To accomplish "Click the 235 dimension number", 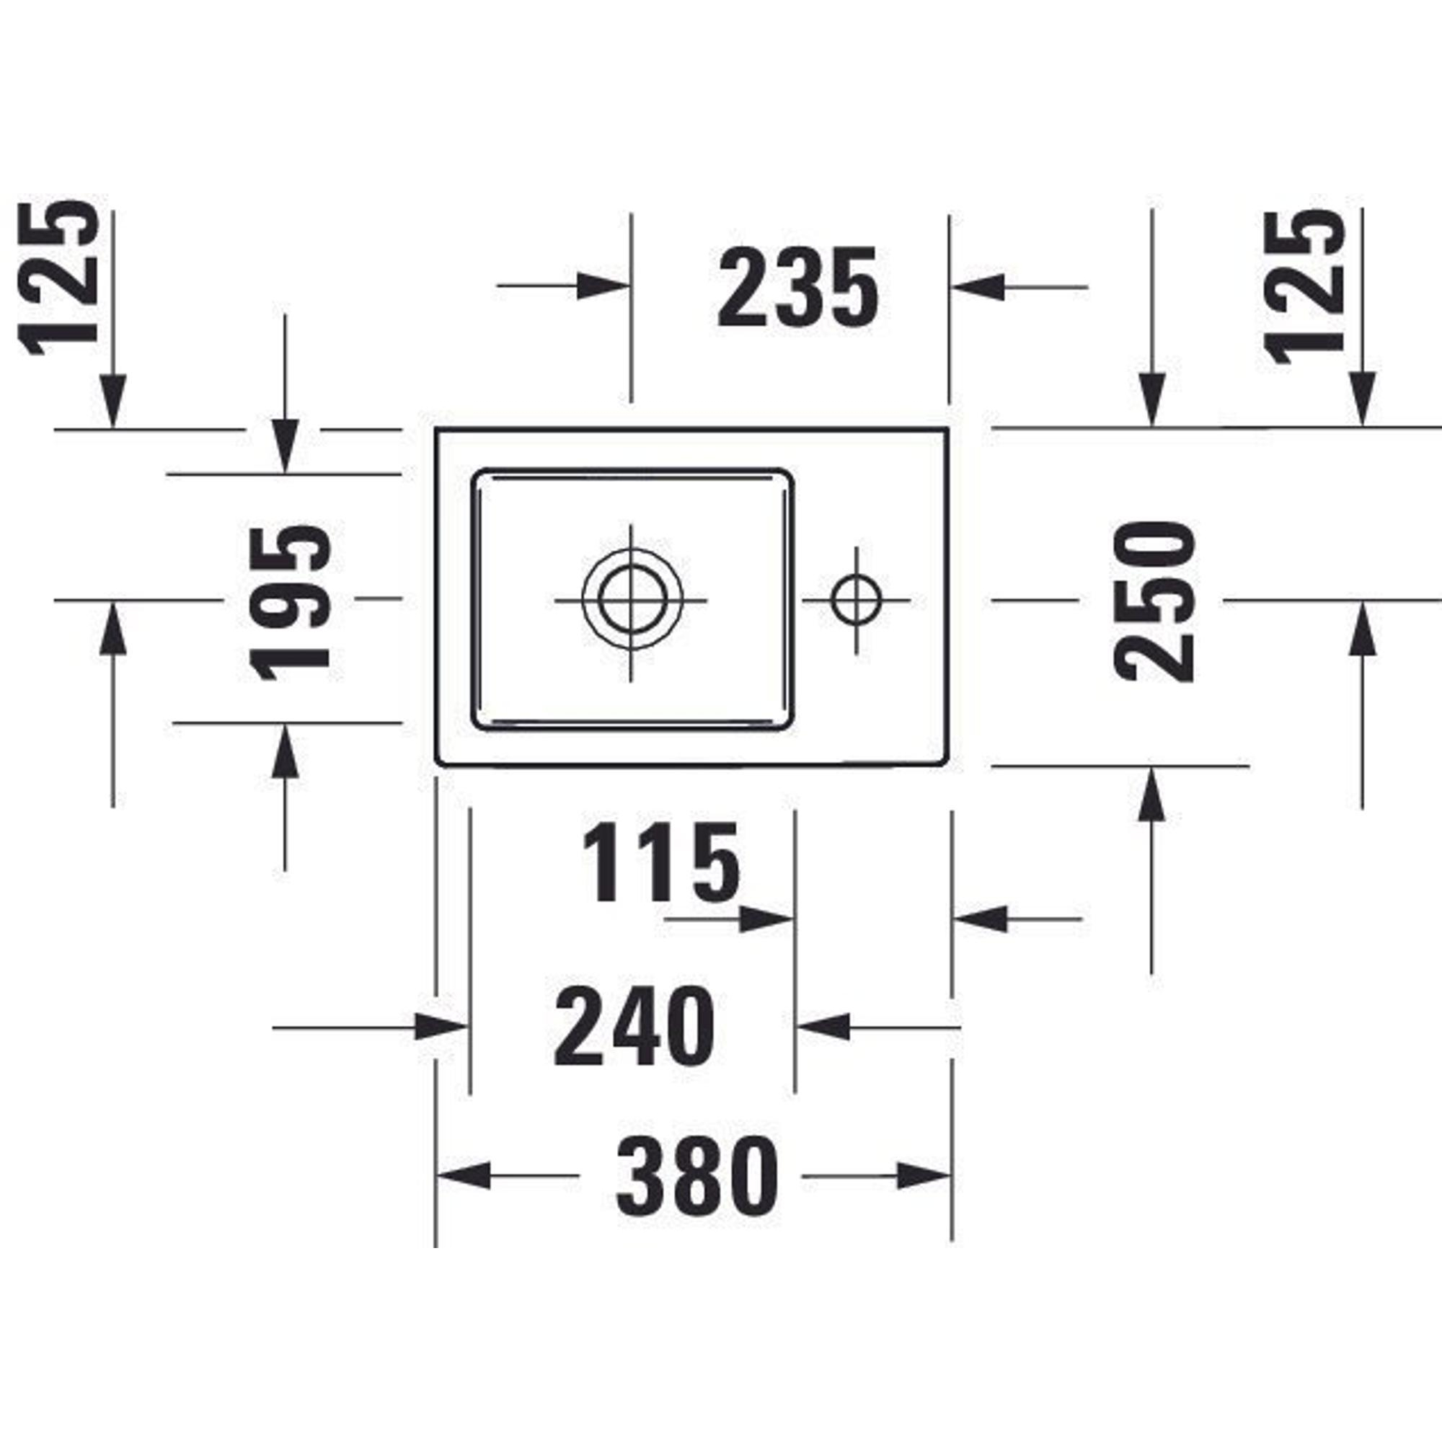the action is tap(798, 288).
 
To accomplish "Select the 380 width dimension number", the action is tap(697, 1177).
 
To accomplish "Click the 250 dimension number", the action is tap(1153, 601).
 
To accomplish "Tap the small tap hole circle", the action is tap(856, 600).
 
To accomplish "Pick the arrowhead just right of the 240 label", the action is tap(823, 1027).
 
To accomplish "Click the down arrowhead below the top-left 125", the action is tap(112, 401).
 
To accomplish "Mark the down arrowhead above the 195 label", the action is tap(284, 446).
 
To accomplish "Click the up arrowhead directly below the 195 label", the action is tap(284, 750).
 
